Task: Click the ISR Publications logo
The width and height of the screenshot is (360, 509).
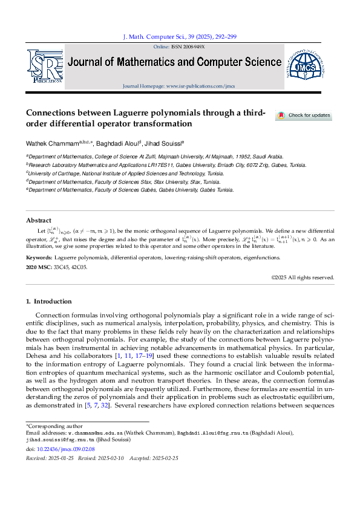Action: [x=44, y=66]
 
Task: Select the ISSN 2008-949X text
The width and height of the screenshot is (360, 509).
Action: [x=188, y=47]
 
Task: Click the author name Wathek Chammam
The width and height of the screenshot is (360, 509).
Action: [x=51, y=144]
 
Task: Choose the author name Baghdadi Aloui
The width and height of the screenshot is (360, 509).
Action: [x=120, y=144]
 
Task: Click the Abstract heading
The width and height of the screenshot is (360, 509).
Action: [x=39, y=220]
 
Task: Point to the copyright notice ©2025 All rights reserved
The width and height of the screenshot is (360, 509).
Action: [x=303, y=277]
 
